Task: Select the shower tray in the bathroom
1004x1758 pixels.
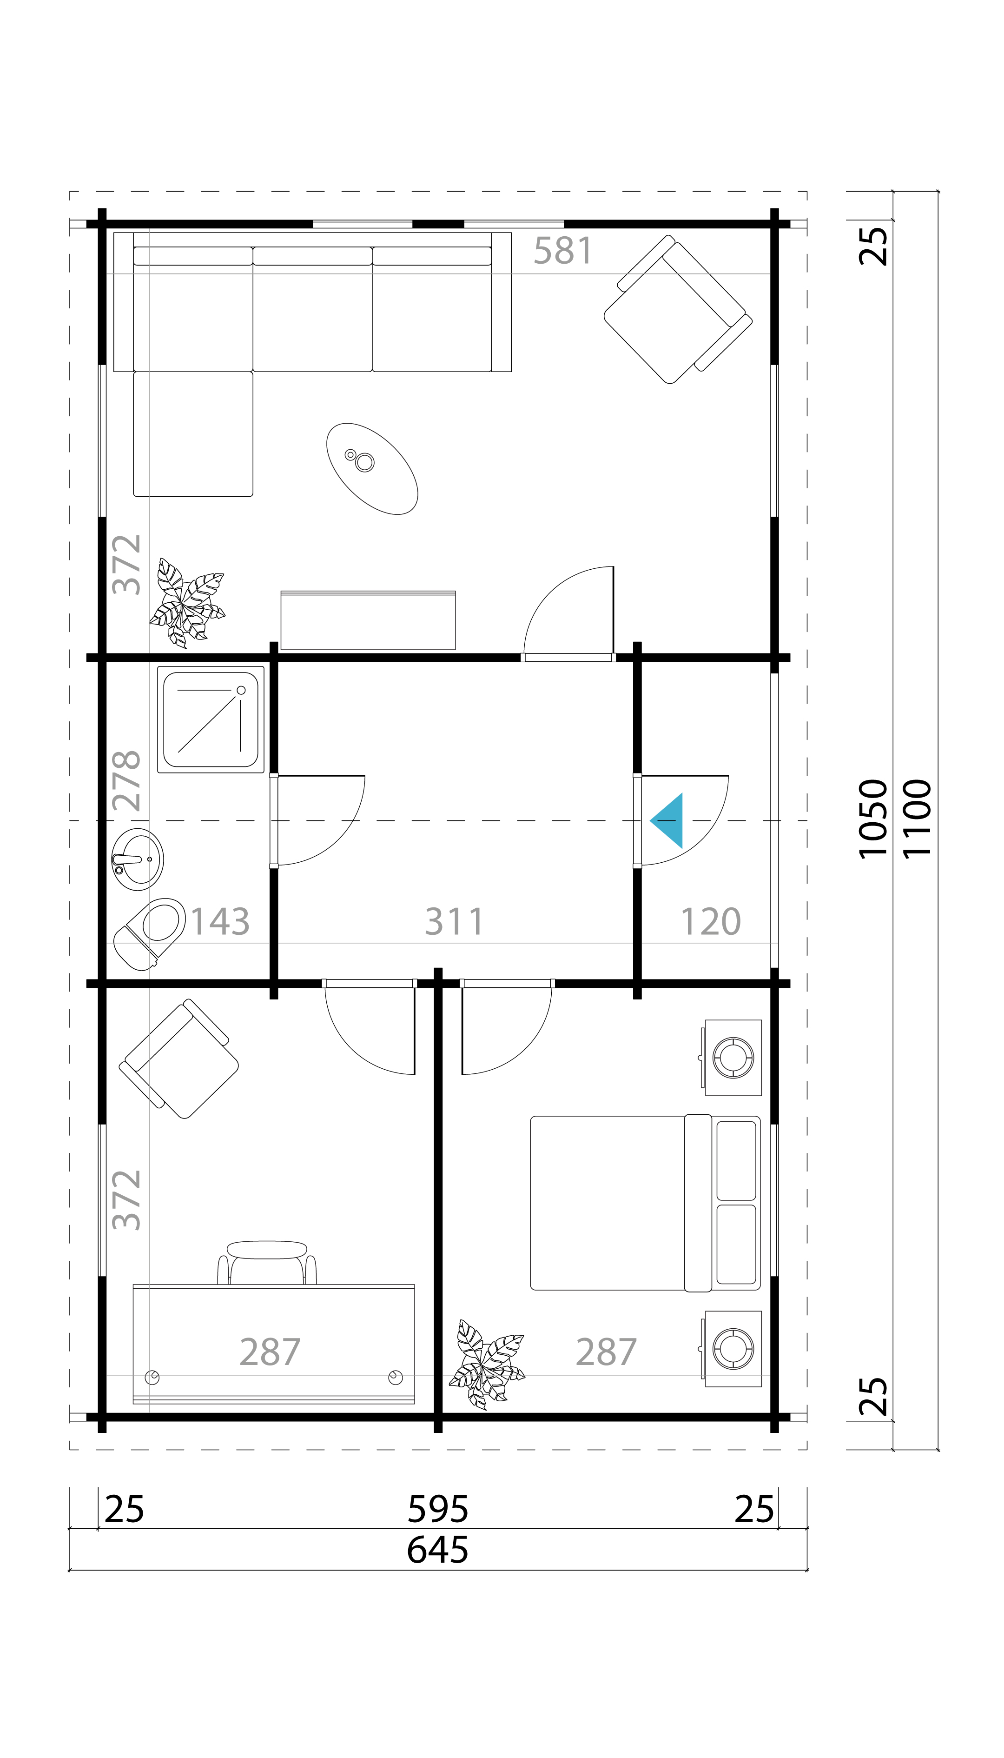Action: click(x=210, y=719)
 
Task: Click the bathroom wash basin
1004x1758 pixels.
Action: click(x=138, y=859)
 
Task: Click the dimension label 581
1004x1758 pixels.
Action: click(x=563, y=251)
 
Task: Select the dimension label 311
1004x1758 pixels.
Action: click(x=455, y=922)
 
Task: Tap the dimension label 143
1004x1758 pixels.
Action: click(x=220, y=922)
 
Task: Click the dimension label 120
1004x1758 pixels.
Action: click(x=711, y=922)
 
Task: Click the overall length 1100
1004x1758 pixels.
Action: click(x=917, y=819)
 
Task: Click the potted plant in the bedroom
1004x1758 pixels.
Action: click(x=487, y=1365)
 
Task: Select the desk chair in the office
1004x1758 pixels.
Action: click(x=267, y=1262)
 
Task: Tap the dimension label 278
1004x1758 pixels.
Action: click(x=127, y=781)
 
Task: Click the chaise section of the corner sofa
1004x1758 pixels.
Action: click(x=193, y=433)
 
